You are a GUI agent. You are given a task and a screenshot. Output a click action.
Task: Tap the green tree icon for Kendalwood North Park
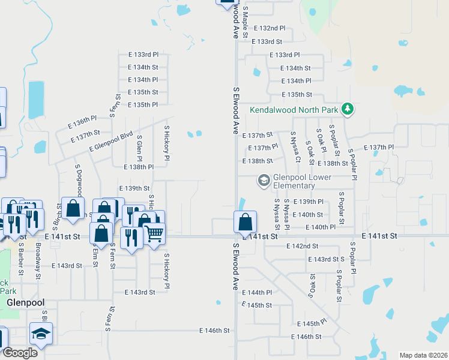coord(347,109)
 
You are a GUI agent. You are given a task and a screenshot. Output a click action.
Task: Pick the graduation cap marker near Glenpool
coord(41,334)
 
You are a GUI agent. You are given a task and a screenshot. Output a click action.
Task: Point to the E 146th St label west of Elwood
coord(214,331)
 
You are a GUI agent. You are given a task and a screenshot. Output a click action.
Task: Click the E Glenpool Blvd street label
coord(110,142)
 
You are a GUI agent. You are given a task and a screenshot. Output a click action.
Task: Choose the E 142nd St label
coord(302,246)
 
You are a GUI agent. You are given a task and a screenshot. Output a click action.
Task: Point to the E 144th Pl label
coord(257,292)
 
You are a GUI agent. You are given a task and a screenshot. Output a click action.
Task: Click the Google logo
coord(20,353)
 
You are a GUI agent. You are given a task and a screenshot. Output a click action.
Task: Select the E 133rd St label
coord(267,41)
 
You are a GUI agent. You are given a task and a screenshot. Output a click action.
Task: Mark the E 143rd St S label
coord(326,259)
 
